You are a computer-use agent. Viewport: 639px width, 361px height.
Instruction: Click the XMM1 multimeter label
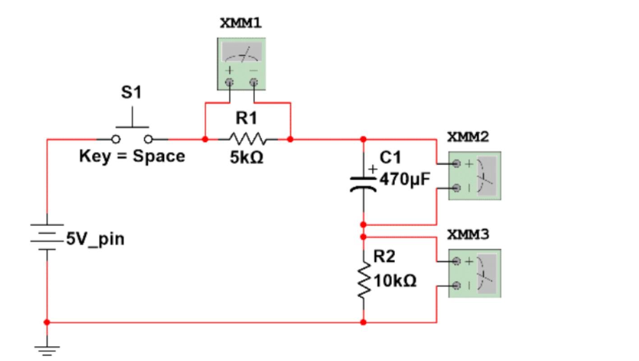(241, 23)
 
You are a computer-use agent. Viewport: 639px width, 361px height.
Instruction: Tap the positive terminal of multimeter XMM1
(230, 82)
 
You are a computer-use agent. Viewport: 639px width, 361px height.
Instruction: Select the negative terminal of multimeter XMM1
(254, 82)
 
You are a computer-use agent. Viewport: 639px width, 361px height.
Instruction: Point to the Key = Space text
(132, 156)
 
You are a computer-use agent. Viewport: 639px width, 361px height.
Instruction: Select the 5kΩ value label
(247, 158)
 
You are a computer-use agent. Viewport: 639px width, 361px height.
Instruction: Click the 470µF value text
(405, 180)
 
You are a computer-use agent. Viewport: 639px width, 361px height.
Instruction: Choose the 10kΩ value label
(395, 281)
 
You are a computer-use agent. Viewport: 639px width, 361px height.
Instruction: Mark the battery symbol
(47, 237)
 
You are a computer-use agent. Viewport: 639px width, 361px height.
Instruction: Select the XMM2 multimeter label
(468, 137)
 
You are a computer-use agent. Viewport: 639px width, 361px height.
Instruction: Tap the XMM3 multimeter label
(468, 235)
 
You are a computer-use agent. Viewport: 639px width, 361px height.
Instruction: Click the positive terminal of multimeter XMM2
(457, 164)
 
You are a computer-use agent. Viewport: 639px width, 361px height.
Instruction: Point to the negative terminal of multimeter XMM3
(457, 285)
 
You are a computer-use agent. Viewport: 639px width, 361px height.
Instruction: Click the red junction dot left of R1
(205, 139)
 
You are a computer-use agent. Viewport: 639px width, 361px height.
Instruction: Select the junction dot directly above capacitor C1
(363, 139)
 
